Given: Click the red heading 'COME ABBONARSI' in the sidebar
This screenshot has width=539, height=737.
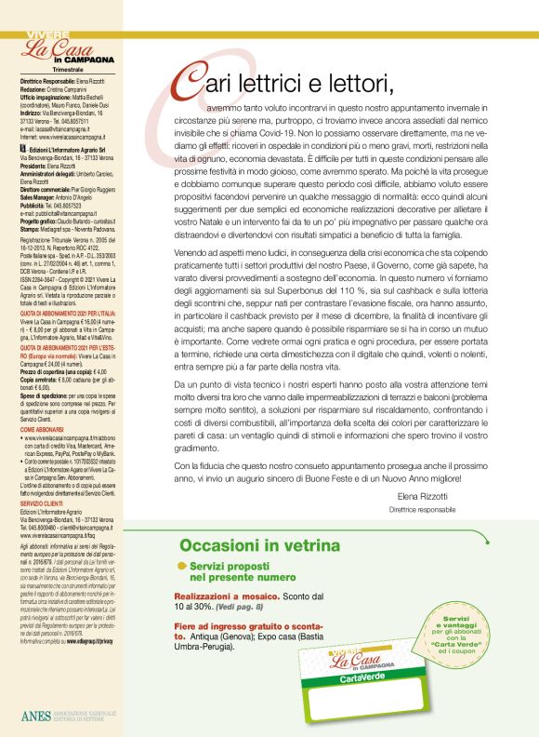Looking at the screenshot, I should pos(45,430).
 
